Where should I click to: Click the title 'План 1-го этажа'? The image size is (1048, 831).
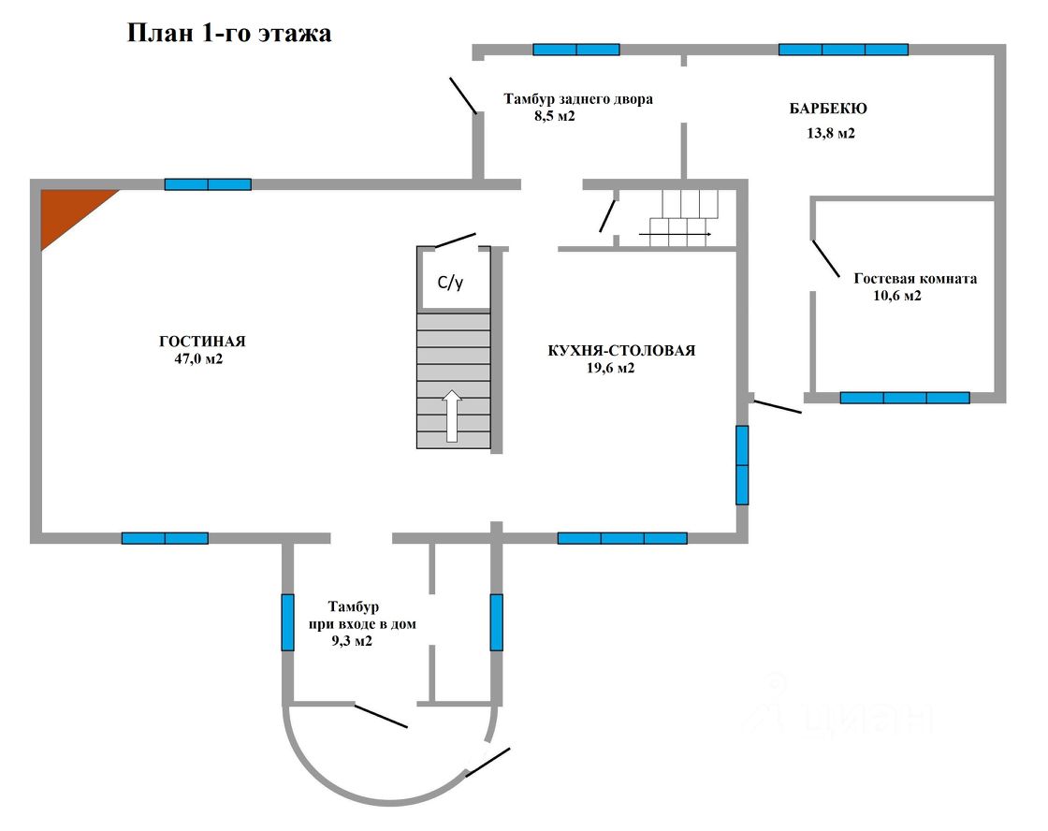229,34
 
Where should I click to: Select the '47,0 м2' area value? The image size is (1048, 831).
192,358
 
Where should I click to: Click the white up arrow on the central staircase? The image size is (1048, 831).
452,415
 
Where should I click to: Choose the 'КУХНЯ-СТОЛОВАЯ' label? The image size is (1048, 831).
621,351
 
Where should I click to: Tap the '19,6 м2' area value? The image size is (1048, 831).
610,368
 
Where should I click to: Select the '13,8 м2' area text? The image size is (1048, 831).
831,133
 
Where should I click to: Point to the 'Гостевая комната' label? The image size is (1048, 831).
915,279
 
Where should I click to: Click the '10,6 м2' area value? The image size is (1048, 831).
897,296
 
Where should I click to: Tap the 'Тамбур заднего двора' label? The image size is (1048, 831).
578,99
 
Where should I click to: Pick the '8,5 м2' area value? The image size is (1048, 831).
554,116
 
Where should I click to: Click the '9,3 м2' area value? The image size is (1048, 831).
352,641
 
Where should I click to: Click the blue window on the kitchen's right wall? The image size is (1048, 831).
742,465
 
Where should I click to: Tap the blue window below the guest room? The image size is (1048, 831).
904,398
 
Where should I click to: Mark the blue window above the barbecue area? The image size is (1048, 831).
843,50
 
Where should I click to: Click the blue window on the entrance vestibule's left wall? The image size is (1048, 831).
288,621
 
